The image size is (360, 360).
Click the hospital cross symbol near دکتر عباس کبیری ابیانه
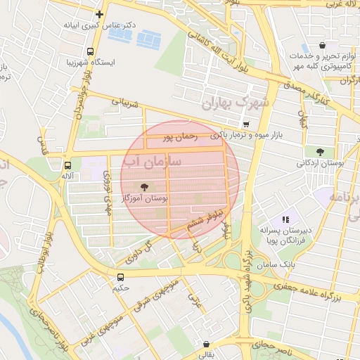[100, 13]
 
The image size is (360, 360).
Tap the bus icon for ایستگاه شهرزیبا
[89, 51]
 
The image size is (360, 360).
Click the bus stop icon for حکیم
[120, 276]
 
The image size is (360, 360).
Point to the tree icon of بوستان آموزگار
[145, 187]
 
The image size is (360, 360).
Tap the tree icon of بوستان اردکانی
[321, 151]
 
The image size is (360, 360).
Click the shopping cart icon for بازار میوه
[244, 124]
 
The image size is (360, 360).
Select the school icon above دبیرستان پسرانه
[285, 219]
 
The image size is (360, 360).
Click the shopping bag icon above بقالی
[205, 345]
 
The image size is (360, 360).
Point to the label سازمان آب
[161, 162]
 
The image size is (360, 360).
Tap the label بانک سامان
[298, 263]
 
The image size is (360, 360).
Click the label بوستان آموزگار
[144, 200]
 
